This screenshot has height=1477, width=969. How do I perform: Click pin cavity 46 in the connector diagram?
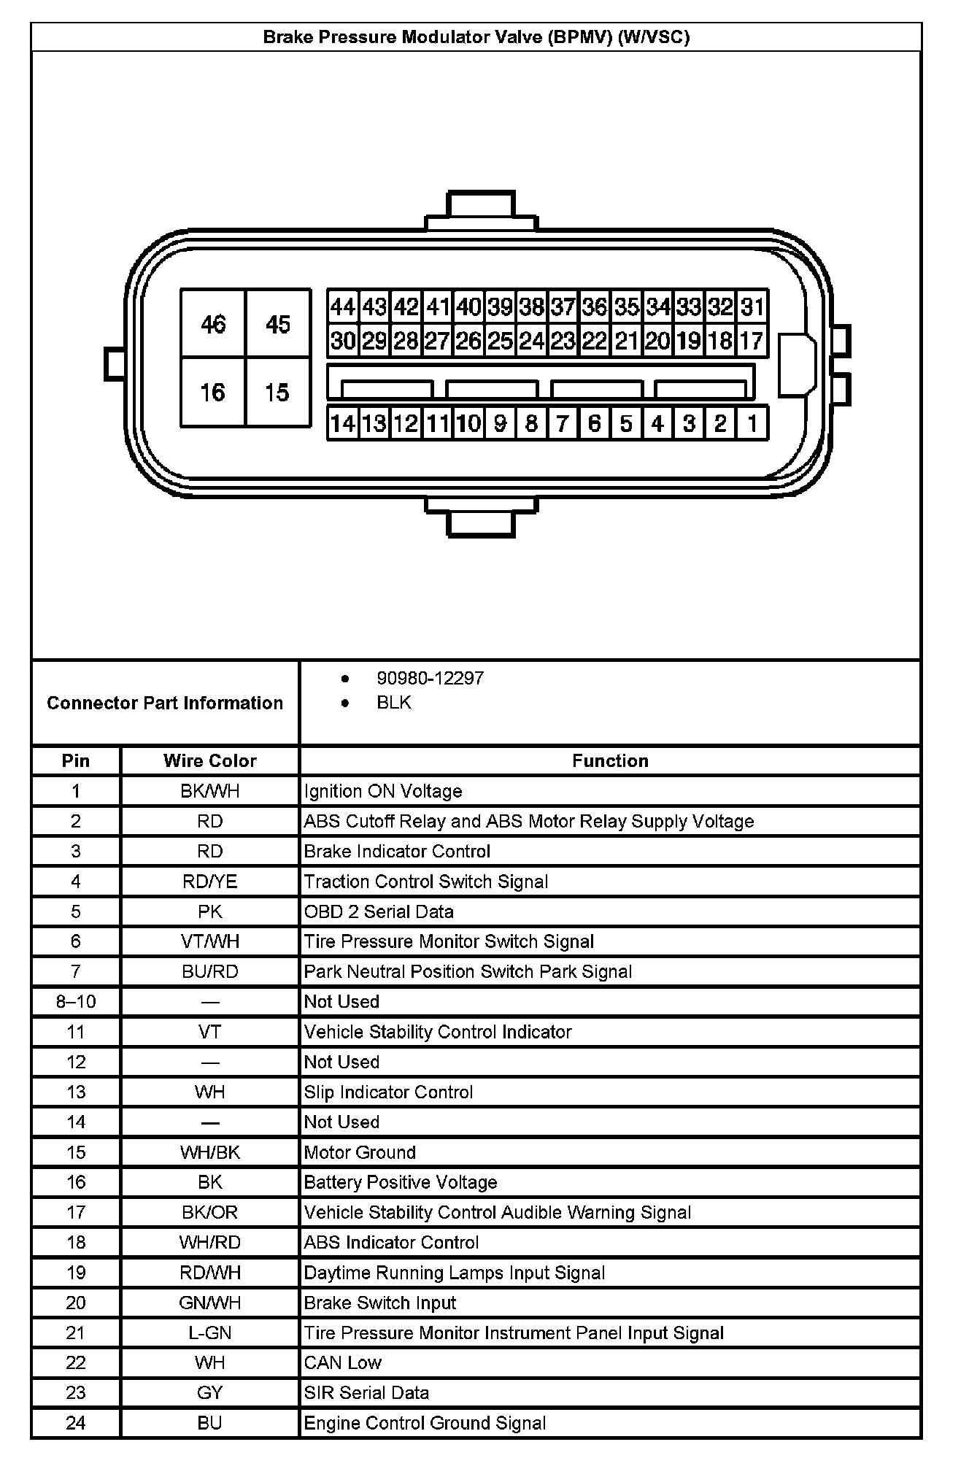tap(213, 324)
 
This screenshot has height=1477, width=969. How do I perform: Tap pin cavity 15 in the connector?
tap(278, 393)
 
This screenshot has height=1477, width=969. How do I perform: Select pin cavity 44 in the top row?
tap(342, 307)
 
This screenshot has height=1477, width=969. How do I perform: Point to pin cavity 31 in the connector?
tap(752, 307)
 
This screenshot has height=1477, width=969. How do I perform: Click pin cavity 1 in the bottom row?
tap(752, 423)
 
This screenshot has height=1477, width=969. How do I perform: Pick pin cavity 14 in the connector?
tap(342, 423)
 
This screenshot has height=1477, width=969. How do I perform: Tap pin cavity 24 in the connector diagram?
tap(531, 341)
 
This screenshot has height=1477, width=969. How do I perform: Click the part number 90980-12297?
tap(430, 678)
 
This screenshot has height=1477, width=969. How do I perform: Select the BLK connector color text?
tap(394, 702)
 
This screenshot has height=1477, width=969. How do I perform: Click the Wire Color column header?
tap(210, 760)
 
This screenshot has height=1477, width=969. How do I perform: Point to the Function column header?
tap(610, 760)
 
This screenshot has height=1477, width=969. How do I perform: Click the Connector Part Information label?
tap(165, 703)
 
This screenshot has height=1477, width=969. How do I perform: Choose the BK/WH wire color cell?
tap(210, 791)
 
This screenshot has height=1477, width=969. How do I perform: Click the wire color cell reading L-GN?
tap(210, 1333)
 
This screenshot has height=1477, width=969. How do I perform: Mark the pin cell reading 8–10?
tap(76, 1001)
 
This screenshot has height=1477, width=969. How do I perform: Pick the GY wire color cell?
tap(210, 1392)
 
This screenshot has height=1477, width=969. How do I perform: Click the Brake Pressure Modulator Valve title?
tap(476, 37)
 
